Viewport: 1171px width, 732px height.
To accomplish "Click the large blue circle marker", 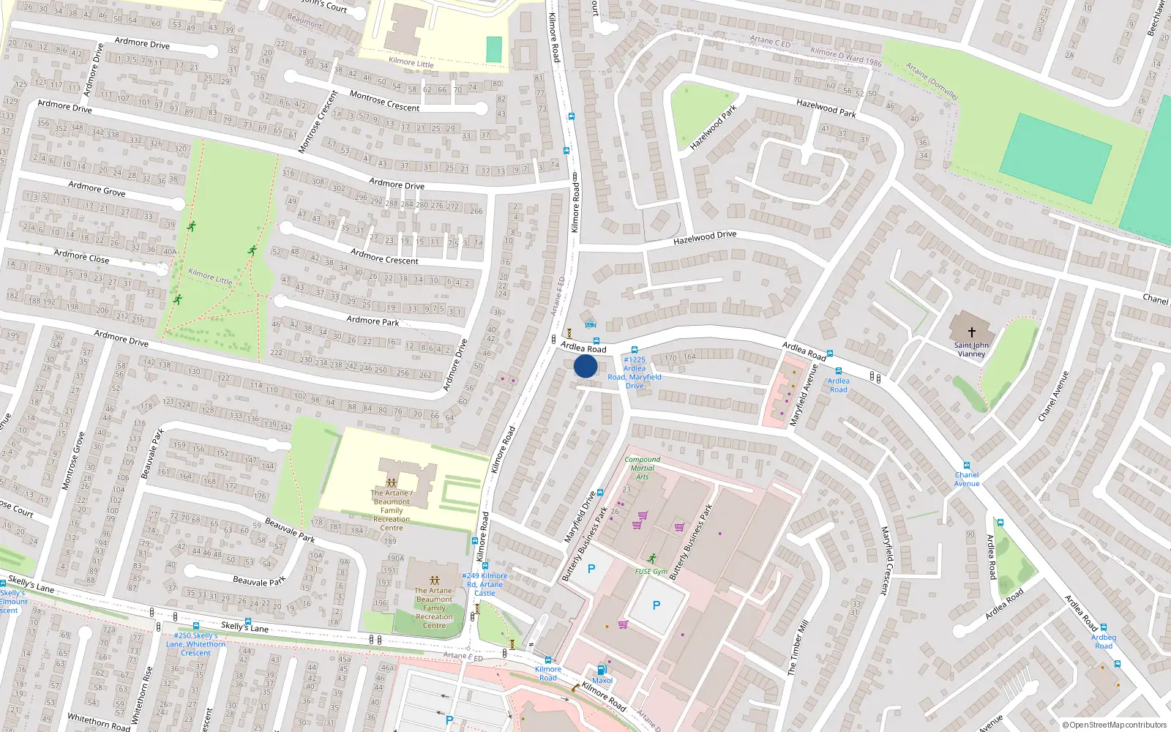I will (x=585, y=366).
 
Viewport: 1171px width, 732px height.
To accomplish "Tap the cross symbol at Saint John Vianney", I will (x=971, y=332).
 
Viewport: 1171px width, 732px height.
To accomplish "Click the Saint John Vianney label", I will (x=971, y=350).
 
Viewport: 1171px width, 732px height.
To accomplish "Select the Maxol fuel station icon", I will (x=602, y=669).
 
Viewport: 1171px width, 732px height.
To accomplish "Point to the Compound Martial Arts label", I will (x=642, y=468).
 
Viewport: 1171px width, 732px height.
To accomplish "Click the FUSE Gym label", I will (x=651, y=571).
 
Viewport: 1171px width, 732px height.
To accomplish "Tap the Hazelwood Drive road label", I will (x=704, y=238).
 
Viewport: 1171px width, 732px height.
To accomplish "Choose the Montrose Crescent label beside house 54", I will (x=384, y=102).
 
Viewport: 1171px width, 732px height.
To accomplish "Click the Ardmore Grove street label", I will (x=97, y=190).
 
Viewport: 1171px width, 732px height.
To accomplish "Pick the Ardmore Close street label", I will (x=81, y=256).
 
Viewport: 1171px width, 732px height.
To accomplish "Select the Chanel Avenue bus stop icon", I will (x=967, y=466).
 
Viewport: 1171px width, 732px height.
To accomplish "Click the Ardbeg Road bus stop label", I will (x=1103, y=642).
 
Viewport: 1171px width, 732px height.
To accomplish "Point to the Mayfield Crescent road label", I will (x=886, y=560).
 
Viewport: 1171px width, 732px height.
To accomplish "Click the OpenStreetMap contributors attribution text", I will (x=1114, y=725).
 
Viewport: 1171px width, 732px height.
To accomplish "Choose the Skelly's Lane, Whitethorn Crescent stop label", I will (x=195, y=644).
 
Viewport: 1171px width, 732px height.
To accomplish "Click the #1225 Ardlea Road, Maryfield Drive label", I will (x=635, y=373).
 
